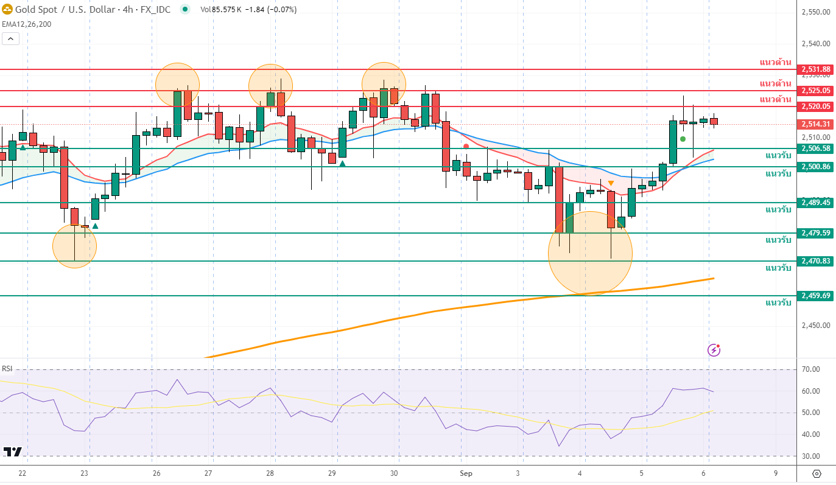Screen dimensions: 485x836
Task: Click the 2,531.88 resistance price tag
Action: click(816, 69)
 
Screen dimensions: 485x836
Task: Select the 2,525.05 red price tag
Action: click(816, 91)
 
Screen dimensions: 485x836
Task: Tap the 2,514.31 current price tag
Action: click(816, 124)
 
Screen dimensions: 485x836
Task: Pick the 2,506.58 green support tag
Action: click(816, 148)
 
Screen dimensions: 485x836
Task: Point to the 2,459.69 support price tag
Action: click(816, 296)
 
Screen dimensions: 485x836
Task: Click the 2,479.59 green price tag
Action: click(816, 233)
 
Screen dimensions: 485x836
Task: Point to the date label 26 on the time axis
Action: click(156, 473)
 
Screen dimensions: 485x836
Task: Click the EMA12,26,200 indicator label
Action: click(27, 24)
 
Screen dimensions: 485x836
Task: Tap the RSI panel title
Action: click(7, 369)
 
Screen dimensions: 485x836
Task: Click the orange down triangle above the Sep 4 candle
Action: click(611, 183)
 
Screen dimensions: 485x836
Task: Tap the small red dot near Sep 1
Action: click(466, 146)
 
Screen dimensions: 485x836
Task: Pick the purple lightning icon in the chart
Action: click(714, 350)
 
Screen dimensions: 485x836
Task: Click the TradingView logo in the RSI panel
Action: click(12, 452)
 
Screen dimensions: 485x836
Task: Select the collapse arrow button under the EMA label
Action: click(10, 38)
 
